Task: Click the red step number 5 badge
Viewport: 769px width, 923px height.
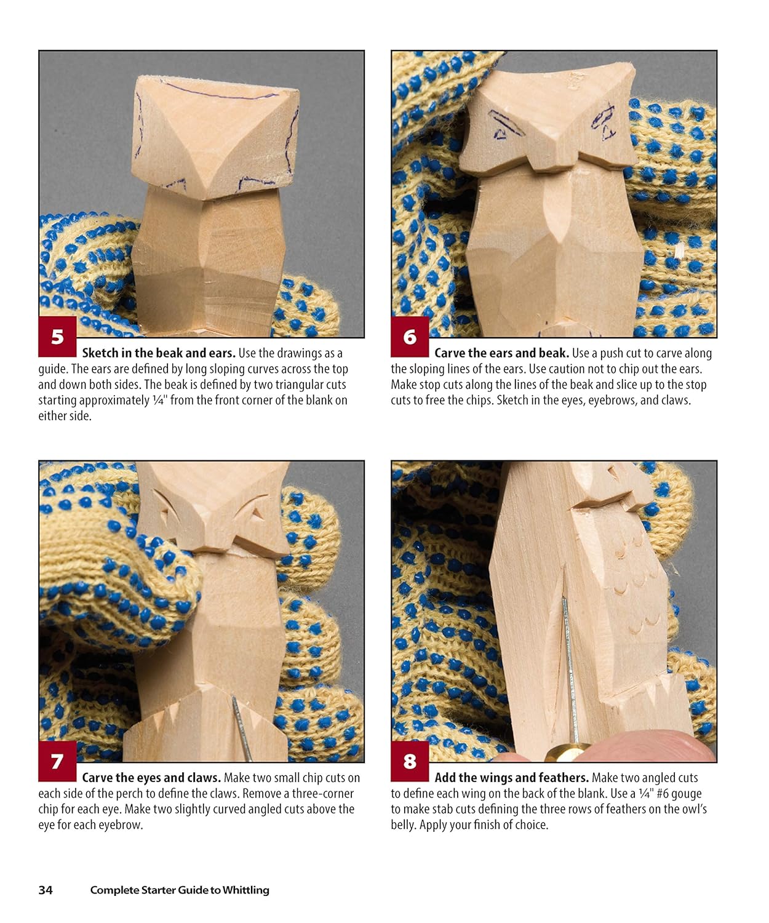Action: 57,337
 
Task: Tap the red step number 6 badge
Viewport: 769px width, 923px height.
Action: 410,337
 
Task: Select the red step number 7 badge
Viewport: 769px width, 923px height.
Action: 57,761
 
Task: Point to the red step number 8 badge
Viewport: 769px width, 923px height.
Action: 410,761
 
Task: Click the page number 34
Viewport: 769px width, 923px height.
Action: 46,889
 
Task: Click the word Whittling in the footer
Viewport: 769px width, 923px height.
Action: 245,890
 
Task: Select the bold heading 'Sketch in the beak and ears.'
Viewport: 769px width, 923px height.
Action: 159,353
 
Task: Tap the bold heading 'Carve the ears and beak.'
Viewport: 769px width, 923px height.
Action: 501,353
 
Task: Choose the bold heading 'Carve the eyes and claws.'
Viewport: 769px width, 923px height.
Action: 151,778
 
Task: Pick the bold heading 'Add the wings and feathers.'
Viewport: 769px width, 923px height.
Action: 511,778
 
